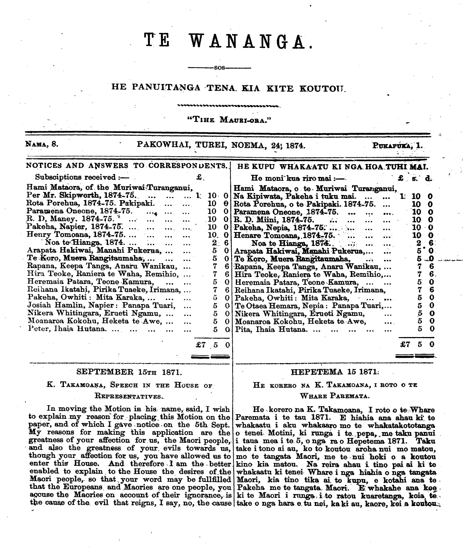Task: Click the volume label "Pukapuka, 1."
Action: pyautogui.click(x=398, y=146)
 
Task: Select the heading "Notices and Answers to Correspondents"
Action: pyautogui.click(x=127, y=166)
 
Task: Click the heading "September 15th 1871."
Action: pyautogui.click(x=129, y=372)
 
